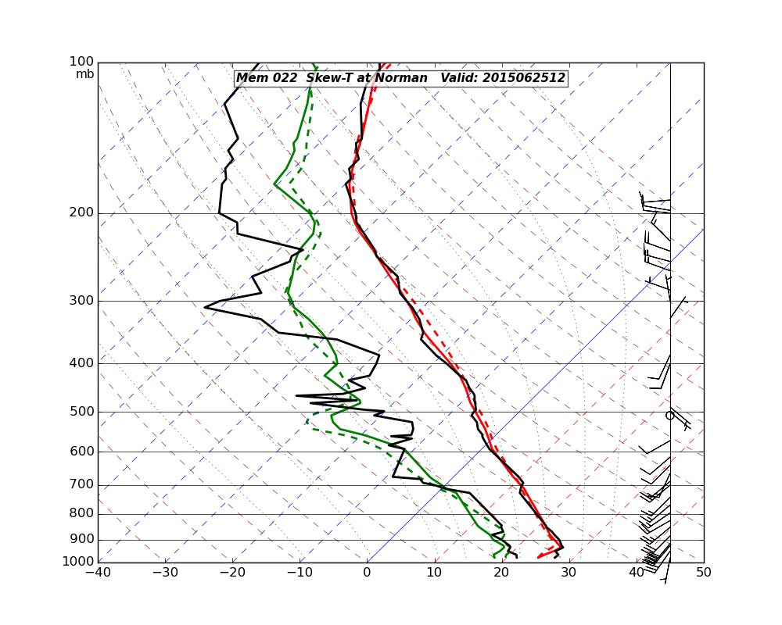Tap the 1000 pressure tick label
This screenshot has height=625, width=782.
79,562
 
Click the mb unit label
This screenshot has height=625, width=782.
84,74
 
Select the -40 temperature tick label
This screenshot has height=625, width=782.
98,573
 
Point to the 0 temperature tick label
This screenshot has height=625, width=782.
367,573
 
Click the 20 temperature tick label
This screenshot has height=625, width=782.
501,573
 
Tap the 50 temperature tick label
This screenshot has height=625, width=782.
704,573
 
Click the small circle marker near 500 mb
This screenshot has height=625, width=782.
669,416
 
